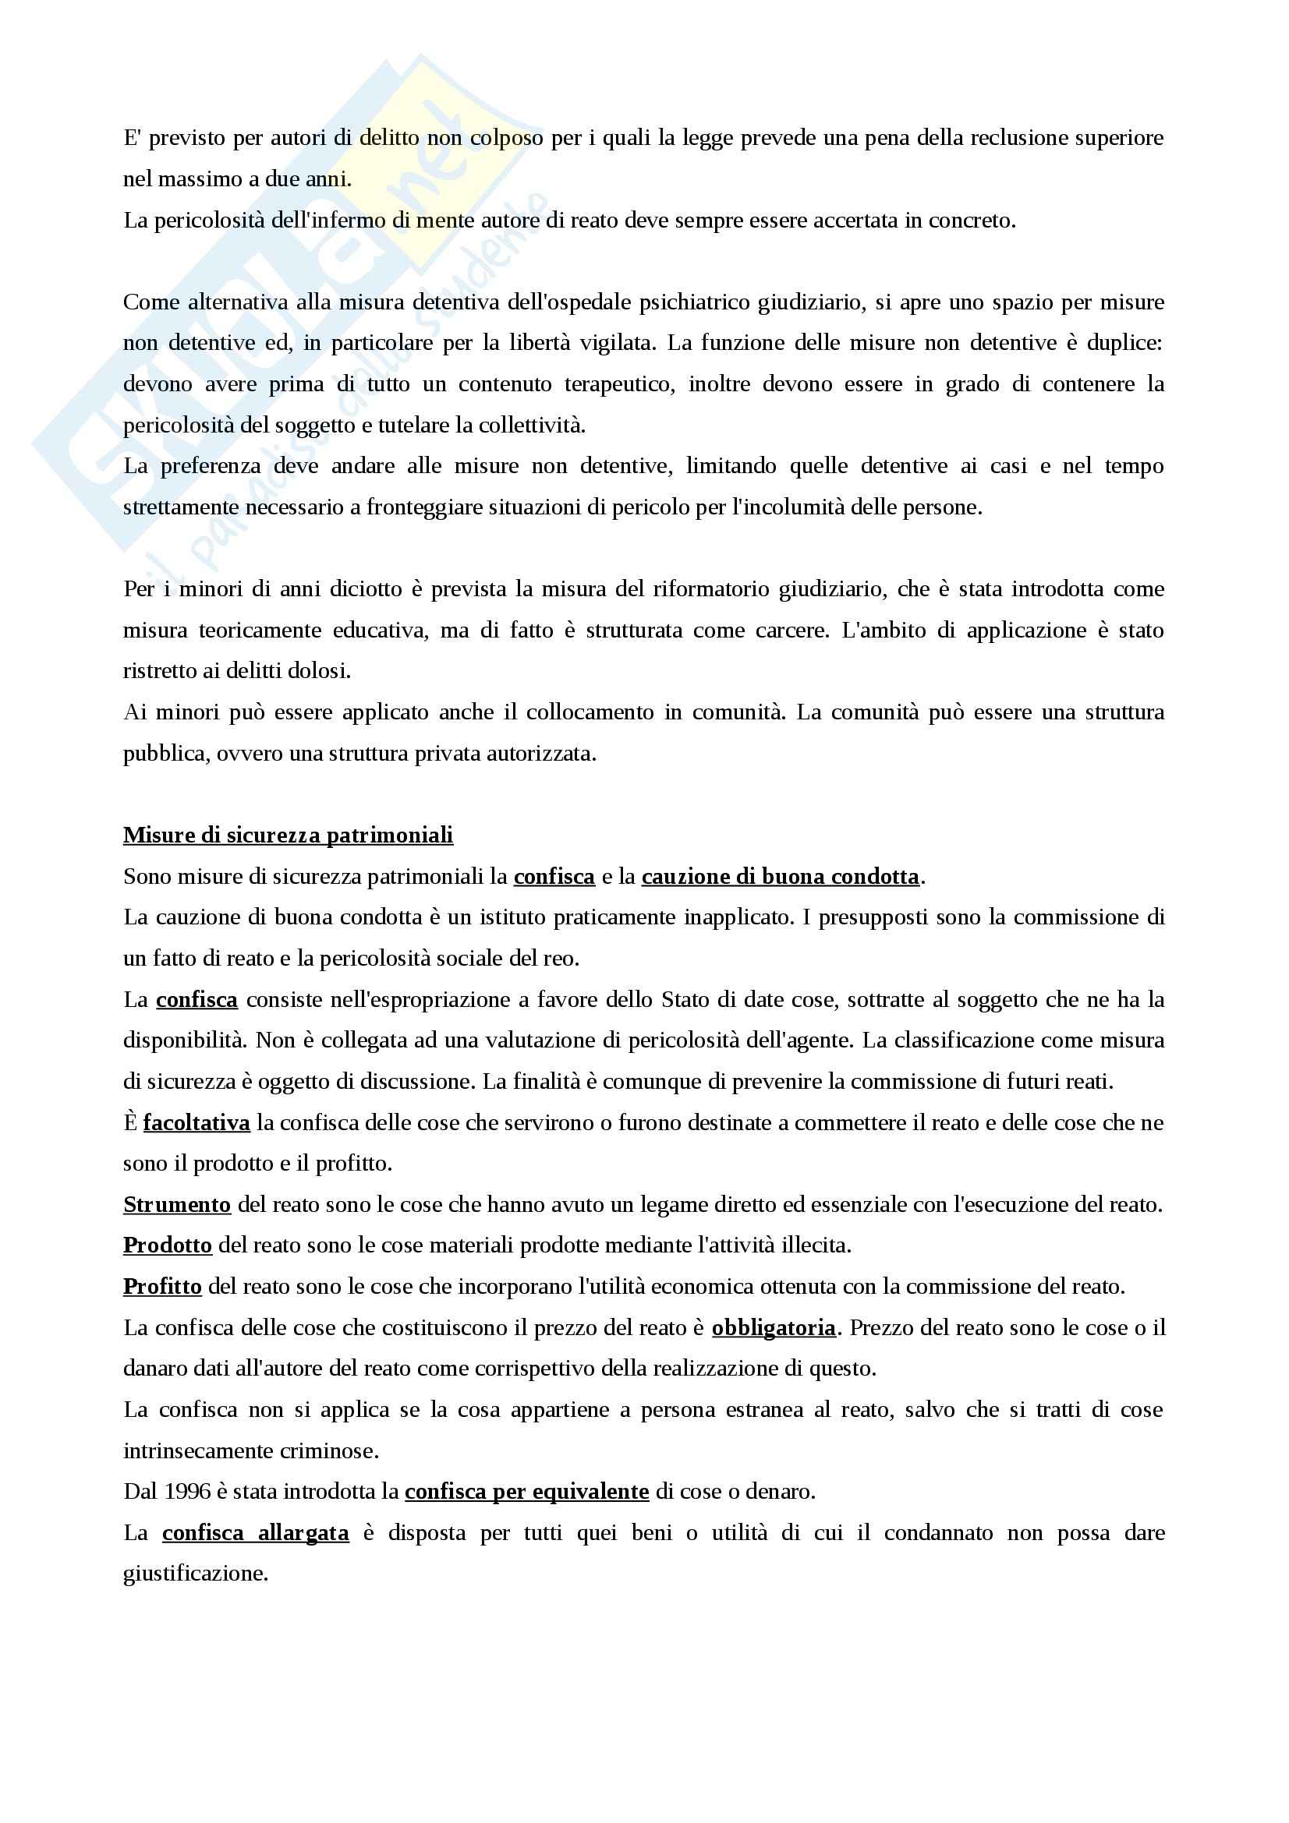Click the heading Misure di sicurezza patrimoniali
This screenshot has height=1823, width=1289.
pyautogui.click(x=289, y=836)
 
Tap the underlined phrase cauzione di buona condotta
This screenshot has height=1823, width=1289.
pyautogui.click(x=781, y=877)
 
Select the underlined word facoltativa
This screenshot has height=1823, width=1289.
pyautogui.click(x=197, y=1122)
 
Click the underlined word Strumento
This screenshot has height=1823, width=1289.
pyautogui.click(x=177, y=1205)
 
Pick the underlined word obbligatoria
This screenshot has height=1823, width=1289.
pyautogui.click(x=774, y=1327)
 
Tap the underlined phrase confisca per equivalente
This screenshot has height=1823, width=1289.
pyautogui.click(x=527, y=1492)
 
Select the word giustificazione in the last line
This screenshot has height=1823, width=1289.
pyautogui.click(x=196, y=1574)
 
